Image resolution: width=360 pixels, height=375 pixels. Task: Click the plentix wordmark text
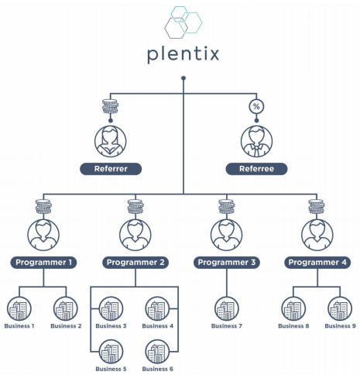tap(183, 54)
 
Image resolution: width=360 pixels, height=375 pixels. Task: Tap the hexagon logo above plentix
tap(183, 22)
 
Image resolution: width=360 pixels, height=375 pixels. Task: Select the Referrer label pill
tap(111, 169)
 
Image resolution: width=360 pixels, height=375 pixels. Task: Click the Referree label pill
tap(256, 169)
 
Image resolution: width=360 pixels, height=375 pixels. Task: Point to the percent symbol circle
tap(256, 106)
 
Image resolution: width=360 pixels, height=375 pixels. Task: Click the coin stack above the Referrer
tap(111, 106)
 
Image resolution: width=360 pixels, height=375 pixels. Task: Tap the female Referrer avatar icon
tap(111, 141)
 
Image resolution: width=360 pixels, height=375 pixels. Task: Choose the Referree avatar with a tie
tap(256, 141)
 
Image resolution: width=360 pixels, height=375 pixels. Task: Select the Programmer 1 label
tap(43, 263)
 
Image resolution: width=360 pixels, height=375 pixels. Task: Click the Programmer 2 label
tap(135, 263)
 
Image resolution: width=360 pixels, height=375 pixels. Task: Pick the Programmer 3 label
tap(227, 263)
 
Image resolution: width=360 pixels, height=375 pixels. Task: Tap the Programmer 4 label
tap(317, 263)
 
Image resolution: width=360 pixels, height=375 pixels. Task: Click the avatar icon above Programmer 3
tap(227, 235)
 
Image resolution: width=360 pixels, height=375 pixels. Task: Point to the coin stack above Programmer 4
tap(317, 207)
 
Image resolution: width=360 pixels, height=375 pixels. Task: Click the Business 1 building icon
tap(19, 308)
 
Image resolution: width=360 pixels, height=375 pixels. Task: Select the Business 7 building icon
tap(227, 308)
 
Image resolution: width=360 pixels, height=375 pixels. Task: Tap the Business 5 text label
tap(111, 369)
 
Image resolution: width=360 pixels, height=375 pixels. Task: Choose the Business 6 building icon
tap(157, 352)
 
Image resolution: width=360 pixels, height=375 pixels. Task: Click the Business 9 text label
tap(340, 326)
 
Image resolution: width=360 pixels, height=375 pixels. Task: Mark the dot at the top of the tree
tap(183, 78)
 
